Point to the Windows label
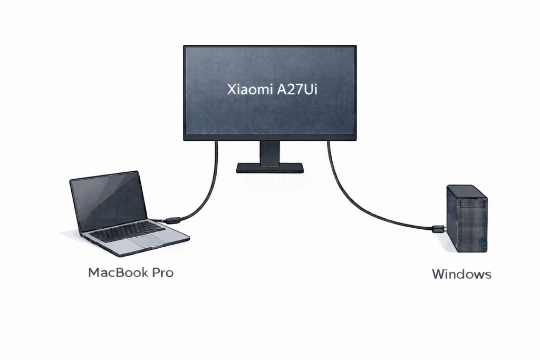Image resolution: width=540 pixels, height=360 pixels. pos(461,274)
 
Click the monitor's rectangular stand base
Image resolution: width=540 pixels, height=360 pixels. pos(269,168)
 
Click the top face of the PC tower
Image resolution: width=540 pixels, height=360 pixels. pos(467,192)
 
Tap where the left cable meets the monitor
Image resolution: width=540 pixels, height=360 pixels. pos(216,142)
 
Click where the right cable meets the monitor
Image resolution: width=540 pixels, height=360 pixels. pos(329,142)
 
